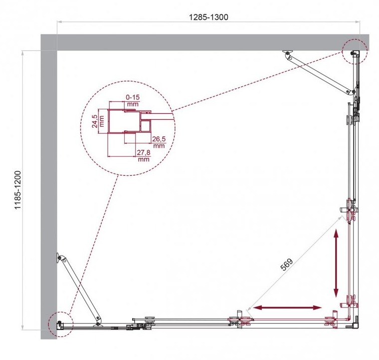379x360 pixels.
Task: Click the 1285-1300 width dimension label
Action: [208, 17]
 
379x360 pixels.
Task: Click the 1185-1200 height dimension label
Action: [18, 190]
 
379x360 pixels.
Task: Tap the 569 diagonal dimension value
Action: [286, 264]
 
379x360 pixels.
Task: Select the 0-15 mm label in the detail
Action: [133, 100]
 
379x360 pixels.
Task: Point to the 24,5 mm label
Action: [98, 121]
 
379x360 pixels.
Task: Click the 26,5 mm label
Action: [159, 142]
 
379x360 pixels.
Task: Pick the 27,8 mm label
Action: [144, 156]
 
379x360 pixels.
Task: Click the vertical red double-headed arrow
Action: [336, 264]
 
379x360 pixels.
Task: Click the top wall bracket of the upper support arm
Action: [287, 53]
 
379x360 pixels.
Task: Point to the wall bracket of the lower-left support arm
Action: [59, 258]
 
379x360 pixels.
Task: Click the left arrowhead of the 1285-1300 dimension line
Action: [59, 22]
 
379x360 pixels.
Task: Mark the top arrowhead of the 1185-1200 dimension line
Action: [23, 53]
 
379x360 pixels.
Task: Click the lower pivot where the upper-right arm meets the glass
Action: [348, 92]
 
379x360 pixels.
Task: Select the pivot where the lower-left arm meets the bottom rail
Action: [98, 324]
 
